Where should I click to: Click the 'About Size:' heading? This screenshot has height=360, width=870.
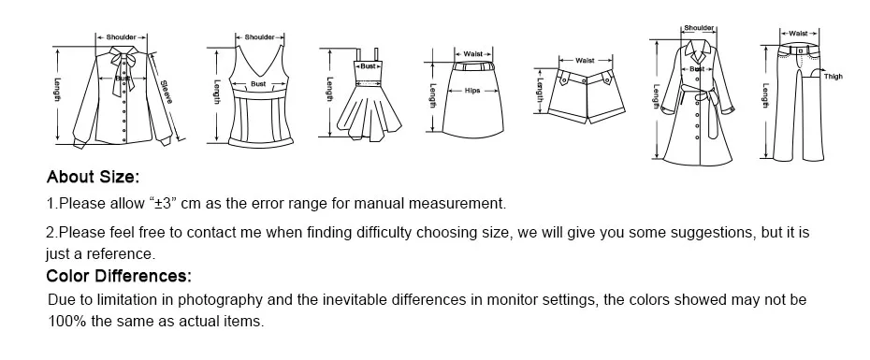93,177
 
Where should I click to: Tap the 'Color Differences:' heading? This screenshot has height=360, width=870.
119,276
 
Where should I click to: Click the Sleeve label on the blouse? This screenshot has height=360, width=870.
166,90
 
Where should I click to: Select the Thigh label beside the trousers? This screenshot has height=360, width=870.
833,77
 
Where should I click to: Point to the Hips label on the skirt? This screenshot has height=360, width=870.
472,92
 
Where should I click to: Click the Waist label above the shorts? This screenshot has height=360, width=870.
585,60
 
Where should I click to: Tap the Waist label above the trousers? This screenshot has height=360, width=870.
797,33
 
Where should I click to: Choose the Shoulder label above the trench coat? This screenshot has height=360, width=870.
700,29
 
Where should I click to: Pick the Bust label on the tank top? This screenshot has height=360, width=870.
258,84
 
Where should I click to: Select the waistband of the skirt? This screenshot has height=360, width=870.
473,67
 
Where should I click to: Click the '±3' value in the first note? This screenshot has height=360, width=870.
165,203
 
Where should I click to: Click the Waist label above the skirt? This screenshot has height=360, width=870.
473,54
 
